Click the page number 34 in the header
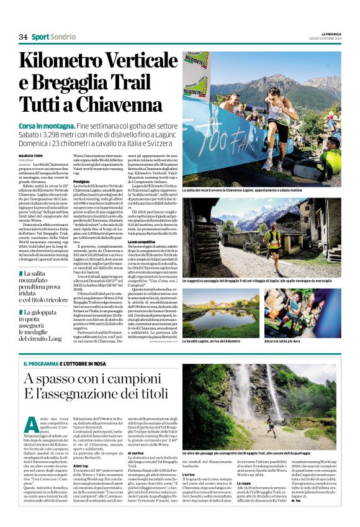[23, 37]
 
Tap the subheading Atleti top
[81, 449]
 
